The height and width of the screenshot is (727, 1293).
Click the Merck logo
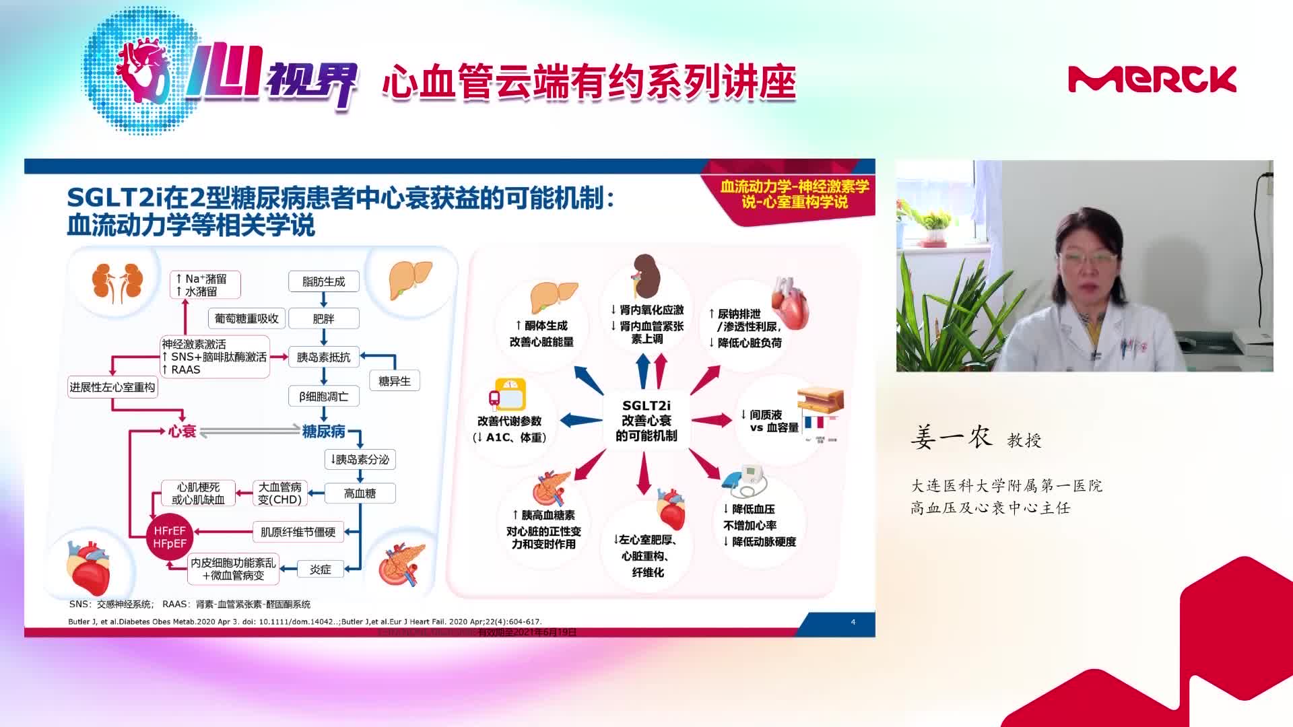click(x=1152, y=79)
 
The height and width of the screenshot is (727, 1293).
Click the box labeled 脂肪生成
click(x=323, y=281)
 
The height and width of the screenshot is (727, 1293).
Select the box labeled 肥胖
click(x=323, y=318)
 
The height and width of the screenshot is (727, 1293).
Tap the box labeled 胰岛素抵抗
click(x=323, y=357)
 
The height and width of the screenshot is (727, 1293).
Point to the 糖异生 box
click(x=394, y=381)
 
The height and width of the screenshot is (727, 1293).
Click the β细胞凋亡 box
click(x=323, y=396)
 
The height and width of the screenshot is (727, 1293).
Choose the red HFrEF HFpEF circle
click(x=170, y=537)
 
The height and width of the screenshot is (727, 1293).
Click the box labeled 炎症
click(x=321, y=569)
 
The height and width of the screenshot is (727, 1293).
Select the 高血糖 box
click(x=360, y=493)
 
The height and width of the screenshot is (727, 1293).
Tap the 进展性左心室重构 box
click(x=112, y=387)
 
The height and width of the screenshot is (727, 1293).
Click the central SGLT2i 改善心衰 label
click(x=646, y=421)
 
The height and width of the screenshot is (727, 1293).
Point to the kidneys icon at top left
click(x=118, y=281)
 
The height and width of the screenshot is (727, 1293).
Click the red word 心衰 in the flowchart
click(x=182, y=431)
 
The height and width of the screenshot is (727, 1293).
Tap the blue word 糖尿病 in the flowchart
click(x=323, y=431)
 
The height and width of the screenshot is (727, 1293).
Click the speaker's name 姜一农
click(x=952, y=438)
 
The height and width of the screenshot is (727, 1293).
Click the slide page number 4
click(x=853, y=622)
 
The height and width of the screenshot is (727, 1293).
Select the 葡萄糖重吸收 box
click(x=246, y=318)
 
